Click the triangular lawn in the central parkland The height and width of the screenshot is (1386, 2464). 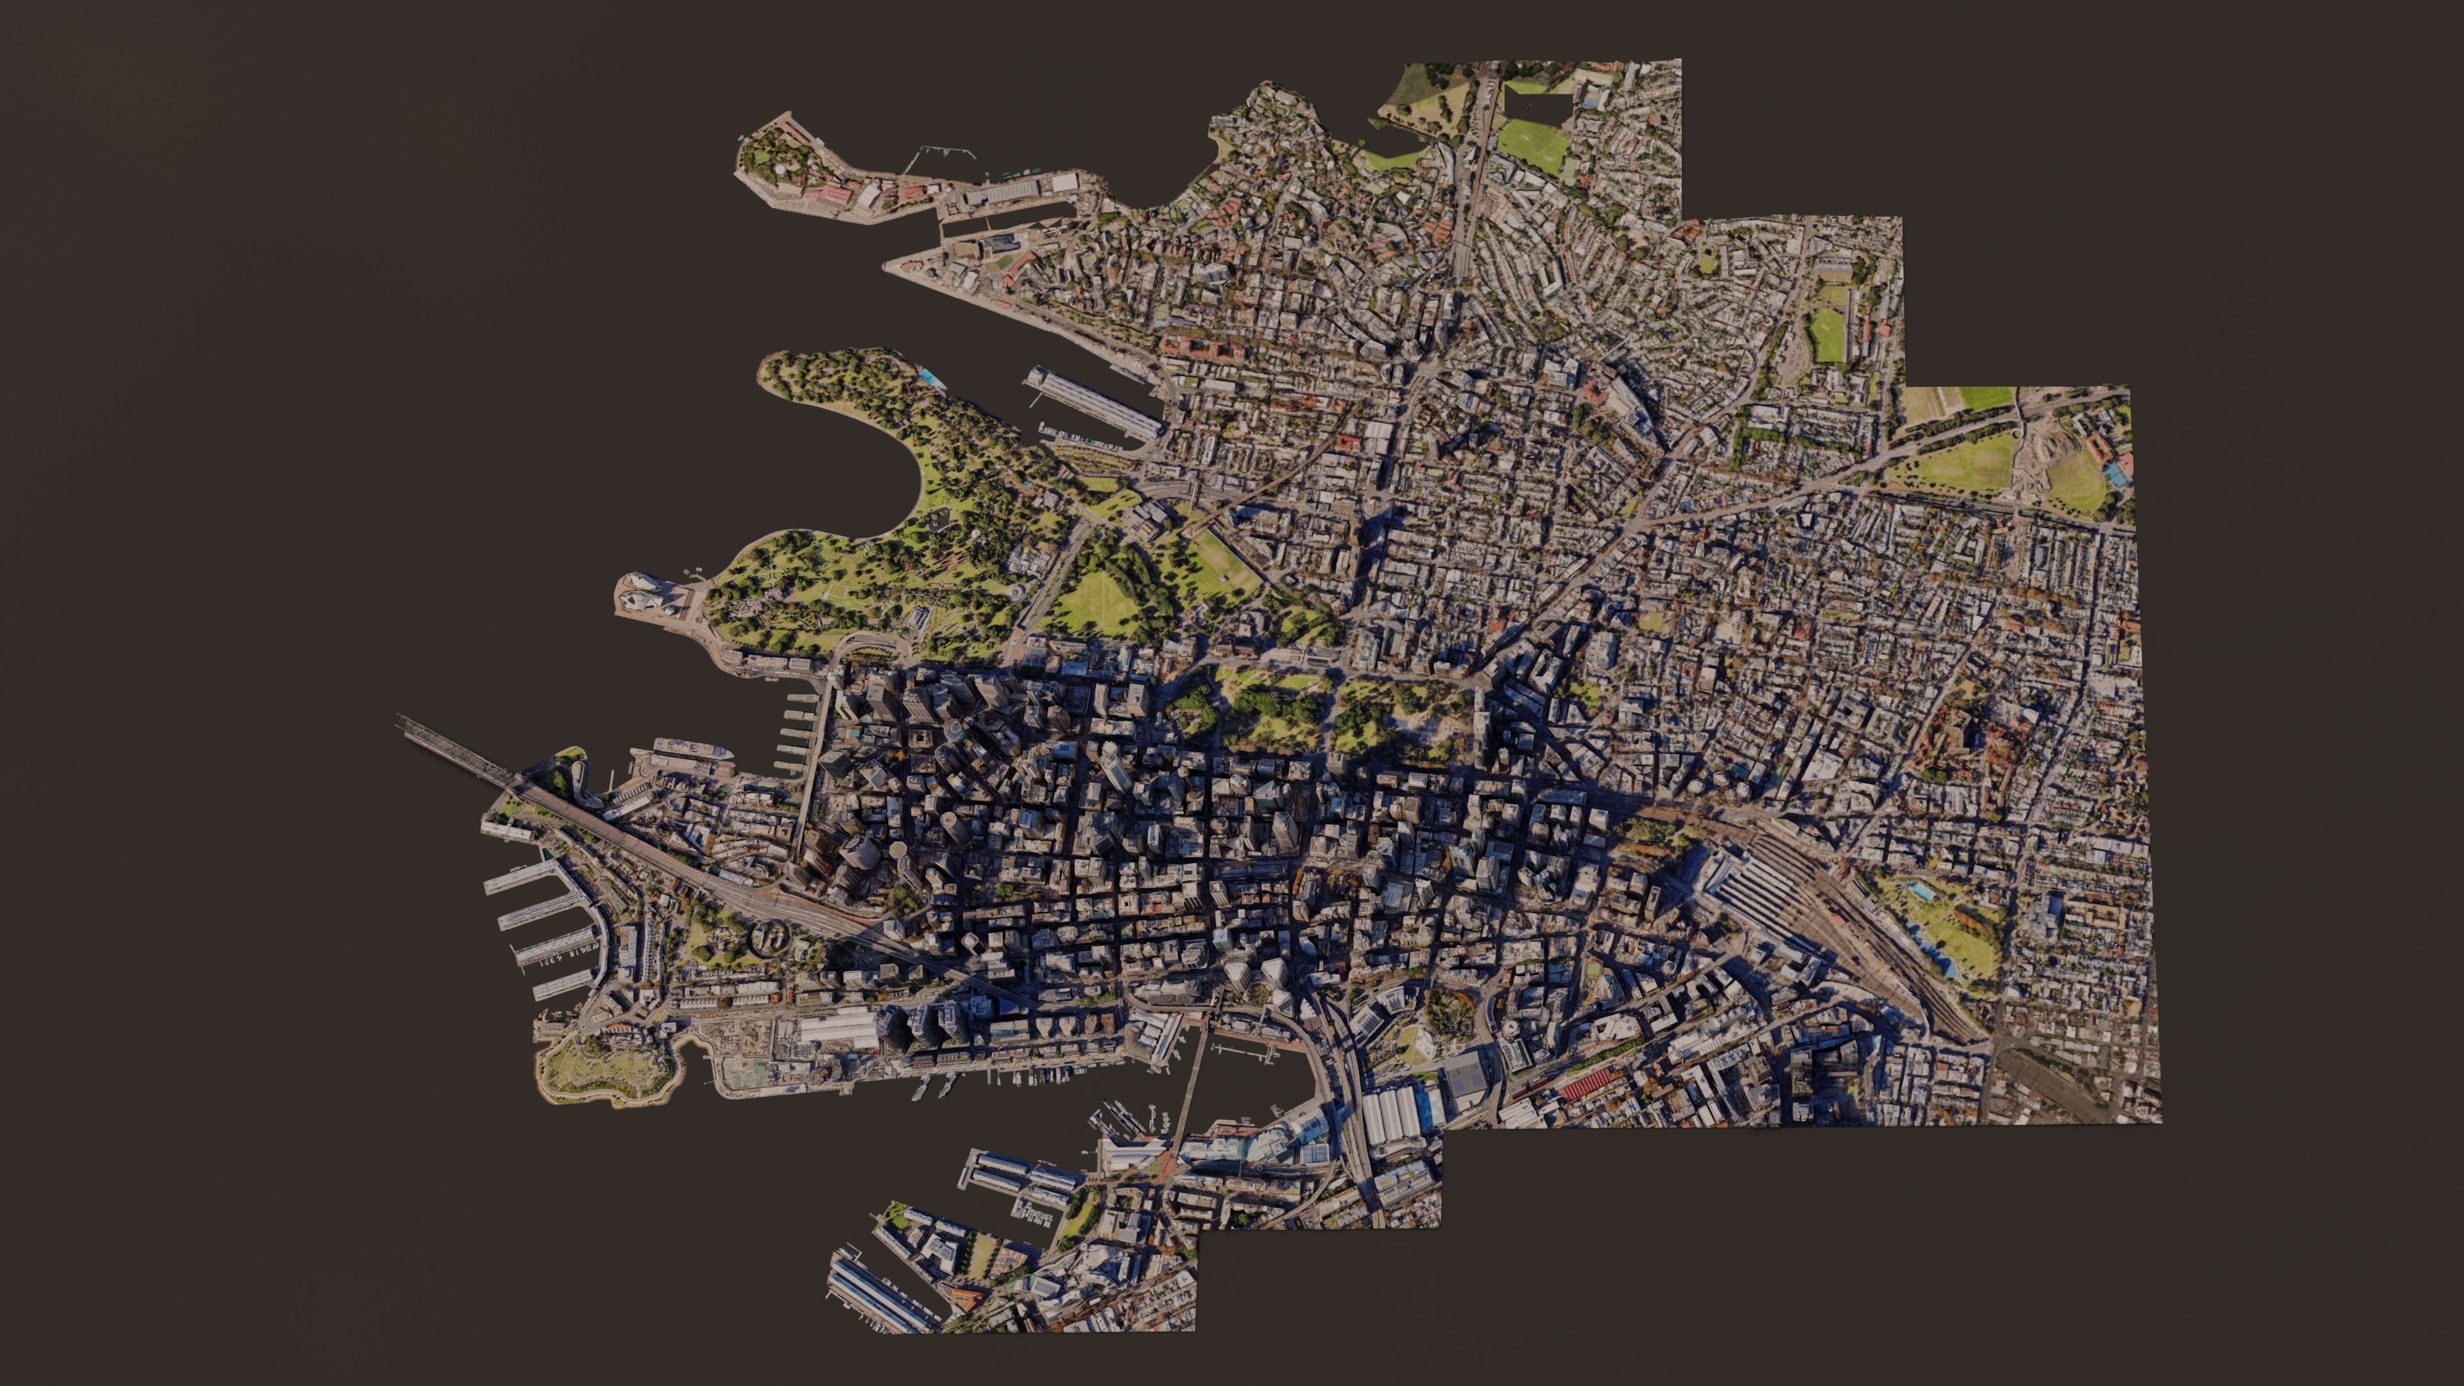[x=1100, y=603]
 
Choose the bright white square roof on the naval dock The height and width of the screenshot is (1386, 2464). [x=1064, y=181]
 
